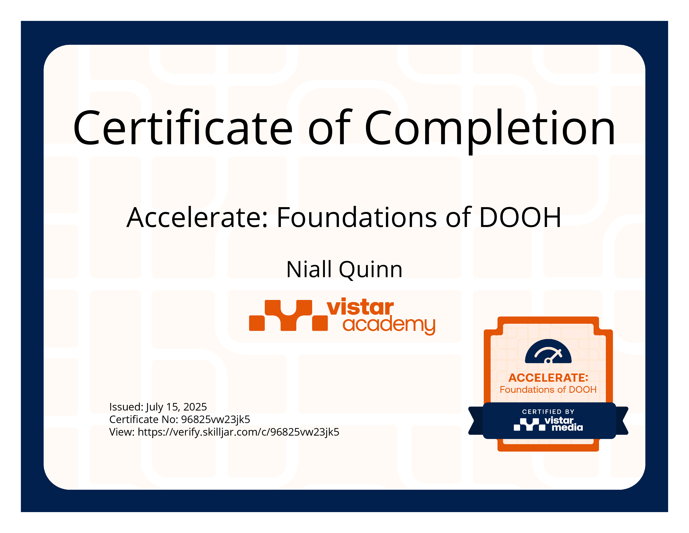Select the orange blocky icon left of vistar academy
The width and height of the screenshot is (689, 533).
pyautogui.click(x=288, y=315)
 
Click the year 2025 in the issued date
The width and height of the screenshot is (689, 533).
pyautogui.click(x=195, y=407)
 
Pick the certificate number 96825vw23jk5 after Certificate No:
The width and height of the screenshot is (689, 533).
pyautogui.click(x=215, y=420)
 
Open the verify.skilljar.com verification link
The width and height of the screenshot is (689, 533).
pyautogui.click(x=238, y=432)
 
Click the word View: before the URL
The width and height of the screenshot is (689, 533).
pyautogui.click(x=122, y=432)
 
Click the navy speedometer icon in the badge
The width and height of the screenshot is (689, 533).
pyautogui.click(x=548, y=351)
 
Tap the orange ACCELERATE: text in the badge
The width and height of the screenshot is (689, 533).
pyautogui.click(x=548, y=378)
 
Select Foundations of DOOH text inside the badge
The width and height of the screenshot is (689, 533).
pyautogui.click(x=548, y=390)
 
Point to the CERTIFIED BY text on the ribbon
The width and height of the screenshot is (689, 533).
pyautogui.click(x=548, y=412)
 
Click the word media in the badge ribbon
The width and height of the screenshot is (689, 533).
pyautogui.click(x=567, y=427)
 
